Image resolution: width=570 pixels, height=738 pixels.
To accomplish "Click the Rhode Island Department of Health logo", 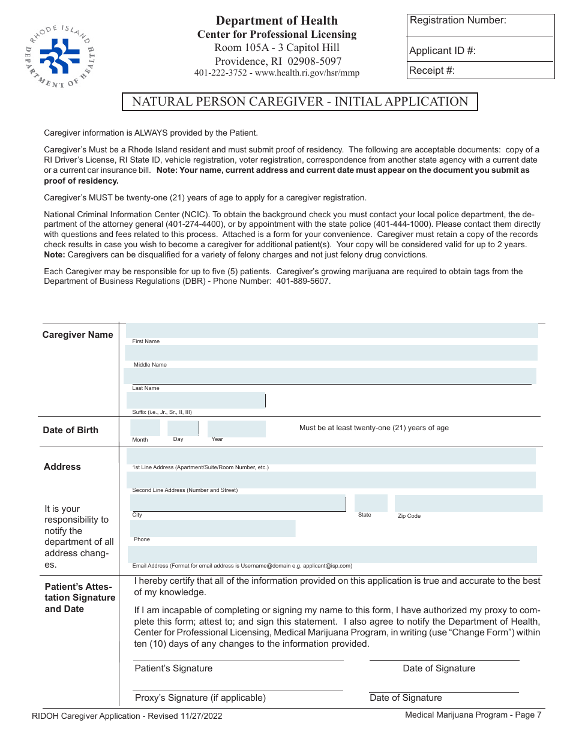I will click(60, 55).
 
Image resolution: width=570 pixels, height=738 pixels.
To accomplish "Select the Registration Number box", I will click(480, 25).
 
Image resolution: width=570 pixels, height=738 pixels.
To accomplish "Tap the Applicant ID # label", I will click(442, 51).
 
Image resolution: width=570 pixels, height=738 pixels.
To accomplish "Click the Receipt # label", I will click(431, 71).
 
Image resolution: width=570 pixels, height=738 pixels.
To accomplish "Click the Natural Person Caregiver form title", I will click(300, 102).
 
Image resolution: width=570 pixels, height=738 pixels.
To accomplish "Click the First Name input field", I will click(332, 331).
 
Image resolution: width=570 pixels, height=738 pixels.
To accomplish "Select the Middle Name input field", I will click(332, 353).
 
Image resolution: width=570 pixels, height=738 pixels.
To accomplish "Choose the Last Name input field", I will click(330, 376).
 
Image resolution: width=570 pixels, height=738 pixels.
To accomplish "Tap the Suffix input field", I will click(196, 400).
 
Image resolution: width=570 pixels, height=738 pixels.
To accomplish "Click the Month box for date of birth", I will click(145, 428).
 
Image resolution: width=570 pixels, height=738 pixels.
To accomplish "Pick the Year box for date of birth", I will click(236, 428).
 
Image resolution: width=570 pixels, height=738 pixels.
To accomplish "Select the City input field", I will click(238, 503).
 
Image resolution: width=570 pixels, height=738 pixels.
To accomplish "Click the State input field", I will click(371, 503).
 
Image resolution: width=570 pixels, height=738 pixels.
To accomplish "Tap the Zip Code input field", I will click(468, 503).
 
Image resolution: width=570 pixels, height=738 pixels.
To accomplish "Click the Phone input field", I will click(213, 528).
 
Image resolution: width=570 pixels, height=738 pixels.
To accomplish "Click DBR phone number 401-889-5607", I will click(303, 281).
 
